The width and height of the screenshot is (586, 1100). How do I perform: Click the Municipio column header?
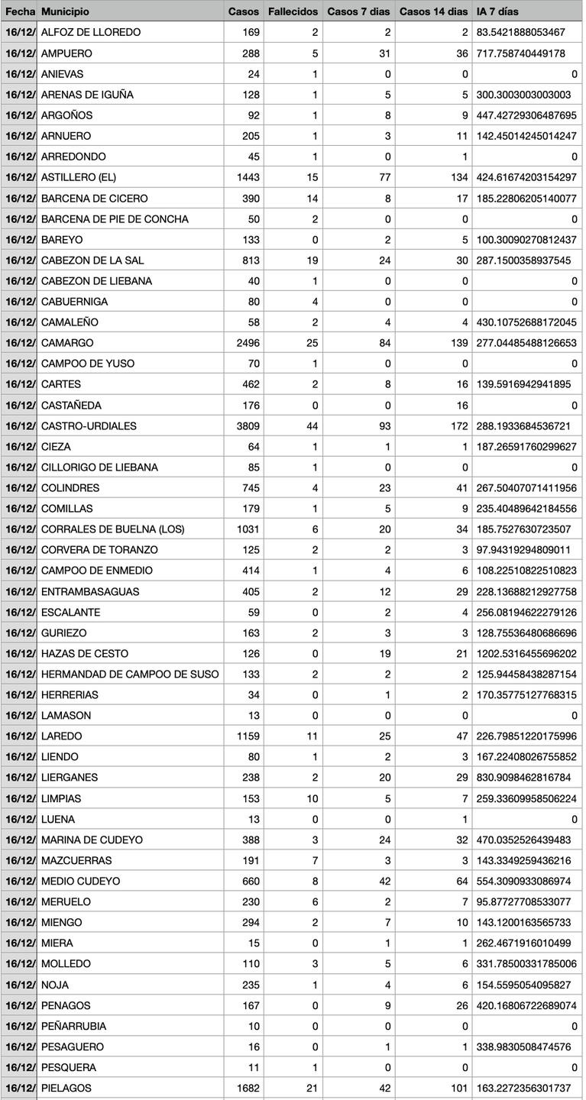pyautogui.click(x=65, y=12)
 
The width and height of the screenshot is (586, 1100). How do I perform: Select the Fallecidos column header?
pyautogui.click(x=293, y=12)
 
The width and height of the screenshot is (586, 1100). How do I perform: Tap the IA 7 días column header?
pyautogui.click(x=497, y=12)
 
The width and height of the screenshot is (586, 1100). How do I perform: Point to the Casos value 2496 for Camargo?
pyautogui.click(x=244, y=343)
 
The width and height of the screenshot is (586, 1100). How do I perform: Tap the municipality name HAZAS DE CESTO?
pyautogui.click(x=85, y=653)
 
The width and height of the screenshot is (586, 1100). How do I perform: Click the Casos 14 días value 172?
pyautogui.click(x=455, y=425)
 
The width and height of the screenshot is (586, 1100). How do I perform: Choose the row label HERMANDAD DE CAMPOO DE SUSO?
pyautogui.click(x=130, y=674)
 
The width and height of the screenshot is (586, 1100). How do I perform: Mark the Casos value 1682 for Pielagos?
pyautogui.click(x=244, y=1088)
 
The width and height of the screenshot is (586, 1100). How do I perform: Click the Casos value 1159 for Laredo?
pyautogui.click(x=244, y=736)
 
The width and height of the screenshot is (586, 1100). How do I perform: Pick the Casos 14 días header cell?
pyautogui.click(x=433, y=12)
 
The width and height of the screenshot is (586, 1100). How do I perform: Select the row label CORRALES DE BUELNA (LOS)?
pyautogui.click(x=112, y=529)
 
